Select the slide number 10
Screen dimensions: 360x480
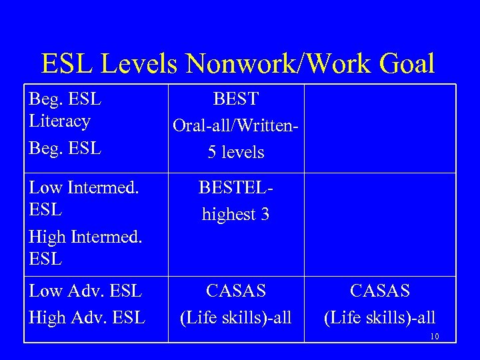[x=434, y=337]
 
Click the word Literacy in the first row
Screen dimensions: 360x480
[x=59, y=121]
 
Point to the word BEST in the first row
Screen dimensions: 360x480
[x=236, y=99]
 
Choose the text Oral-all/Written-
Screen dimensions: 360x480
[x=235, y=125]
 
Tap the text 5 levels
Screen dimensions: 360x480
[x=236, y=153]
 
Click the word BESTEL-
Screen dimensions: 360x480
[x=235, y=188]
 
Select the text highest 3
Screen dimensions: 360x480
[x=235, y=214]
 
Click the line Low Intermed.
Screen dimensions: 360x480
[x=84, y=189]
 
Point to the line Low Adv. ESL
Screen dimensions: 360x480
[x=85, y=291]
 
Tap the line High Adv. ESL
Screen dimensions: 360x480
[x=87, y=317]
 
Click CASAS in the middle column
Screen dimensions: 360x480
[x=236, y=291]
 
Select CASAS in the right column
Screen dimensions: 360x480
[x=380, y=291]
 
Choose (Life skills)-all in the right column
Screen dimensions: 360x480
[x=380, y=317]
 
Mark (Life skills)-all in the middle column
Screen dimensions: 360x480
[x=236, y=317]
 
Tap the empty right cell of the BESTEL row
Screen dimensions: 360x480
[x=380, y=224]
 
